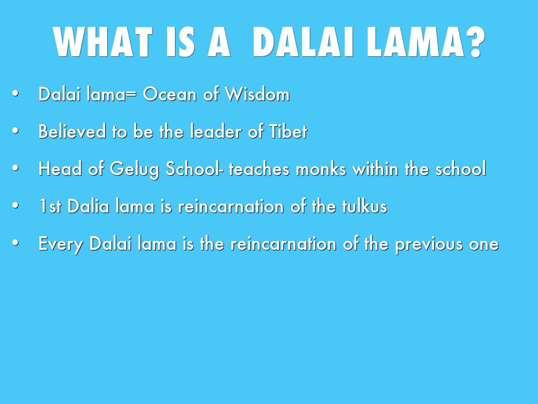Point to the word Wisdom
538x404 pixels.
[x=257, y=94]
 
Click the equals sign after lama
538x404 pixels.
[x=131, y=95]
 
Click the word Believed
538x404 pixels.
[x=72, y=131]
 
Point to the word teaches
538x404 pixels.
[x=259, y=169]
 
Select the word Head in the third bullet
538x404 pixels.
[x=60, y=169]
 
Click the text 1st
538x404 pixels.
[x=50, y=206]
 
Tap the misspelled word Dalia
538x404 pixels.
[x=88, y=206]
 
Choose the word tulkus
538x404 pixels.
[x=365, y=206]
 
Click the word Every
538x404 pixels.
[x=61, y=244]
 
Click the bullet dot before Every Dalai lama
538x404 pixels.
[x=15, y=243]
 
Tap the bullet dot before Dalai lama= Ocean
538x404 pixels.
[x=15, y=93]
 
